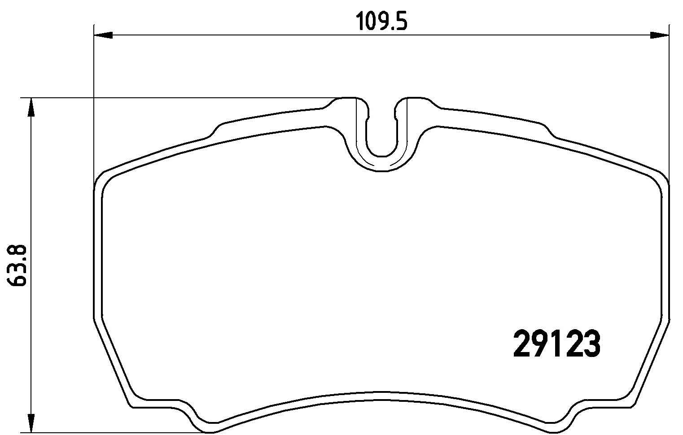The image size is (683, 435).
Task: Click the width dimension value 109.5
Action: point(381,21)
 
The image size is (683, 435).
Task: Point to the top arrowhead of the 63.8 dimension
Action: point(31,108)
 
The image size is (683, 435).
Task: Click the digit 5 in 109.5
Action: point(401,21)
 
